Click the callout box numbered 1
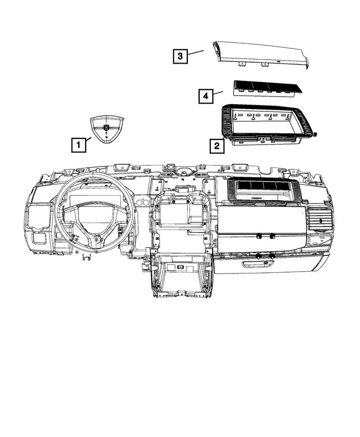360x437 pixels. click(78, 145)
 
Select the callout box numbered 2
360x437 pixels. click(215, 146)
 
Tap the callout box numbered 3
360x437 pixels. click(179, 56)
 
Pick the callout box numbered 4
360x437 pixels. click(206, 97)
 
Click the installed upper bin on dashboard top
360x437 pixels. click(262, 192)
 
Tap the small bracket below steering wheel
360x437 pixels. click(87, 258)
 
